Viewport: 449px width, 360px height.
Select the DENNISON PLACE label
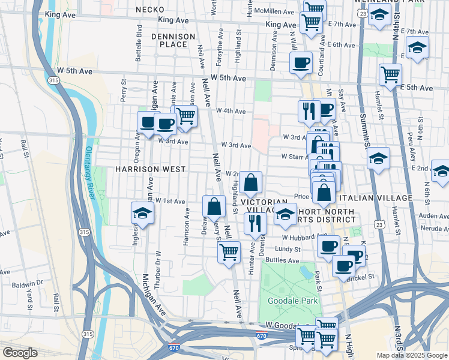click(173, 40)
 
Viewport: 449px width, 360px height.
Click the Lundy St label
click(288, 248)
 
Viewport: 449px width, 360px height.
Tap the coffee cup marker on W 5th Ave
click(301, 62)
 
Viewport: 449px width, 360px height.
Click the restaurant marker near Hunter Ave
click(255, 223)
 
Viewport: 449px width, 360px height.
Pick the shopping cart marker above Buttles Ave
click(229, 251)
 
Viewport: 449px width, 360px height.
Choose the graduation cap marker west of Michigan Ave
click(142, 212)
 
